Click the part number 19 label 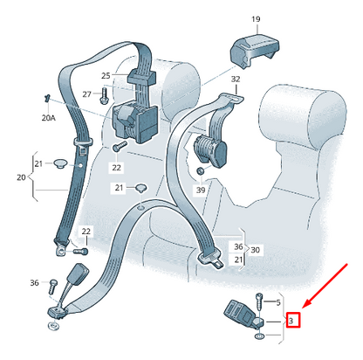[256, 19]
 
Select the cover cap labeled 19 [254, 50]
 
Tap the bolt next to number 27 [104, 95]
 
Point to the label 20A [49, 118]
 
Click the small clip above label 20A [46, 98]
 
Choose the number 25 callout [106, 76]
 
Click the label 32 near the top [236, 79]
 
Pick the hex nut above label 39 [200, 171]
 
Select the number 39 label [201, 190]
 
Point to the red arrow [325, 286]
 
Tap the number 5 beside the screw [278, 302]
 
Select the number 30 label [255, 250]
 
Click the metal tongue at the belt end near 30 [219, 265]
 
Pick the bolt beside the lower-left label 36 [53, 287]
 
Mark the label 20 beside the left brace [21, 177]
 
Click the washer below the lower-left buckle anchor [53, 325]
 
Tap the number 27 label [86, 94]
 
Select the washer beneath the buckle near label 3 [259, 336]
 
